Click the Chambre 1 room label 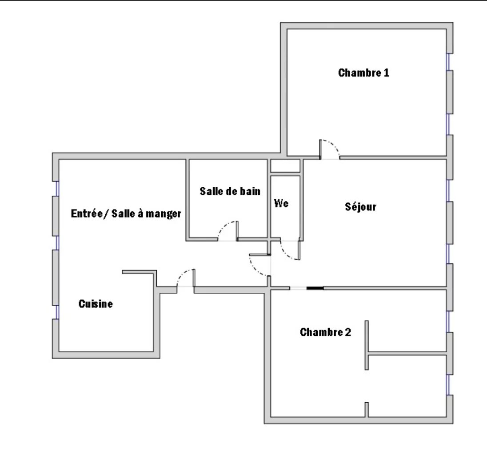point(363,73)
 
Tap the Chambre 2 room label point(325,332)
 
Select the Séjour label point(361,207)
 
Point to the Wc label point(281,203)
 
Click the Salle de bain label point(230,191)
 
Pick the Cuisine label point(96,304)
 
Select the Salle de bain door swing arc point(224,226)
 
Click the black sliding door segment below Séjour point(315,288)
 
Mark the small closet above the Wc point(285,166)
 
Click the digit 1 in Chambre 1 point(387,73)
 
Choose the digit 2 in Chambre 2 point(348,332)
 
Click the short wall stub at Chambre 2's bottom point(367,409)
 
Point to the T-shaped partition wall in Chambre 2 point(367,353)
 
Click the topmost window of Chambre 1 point(448,62)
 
